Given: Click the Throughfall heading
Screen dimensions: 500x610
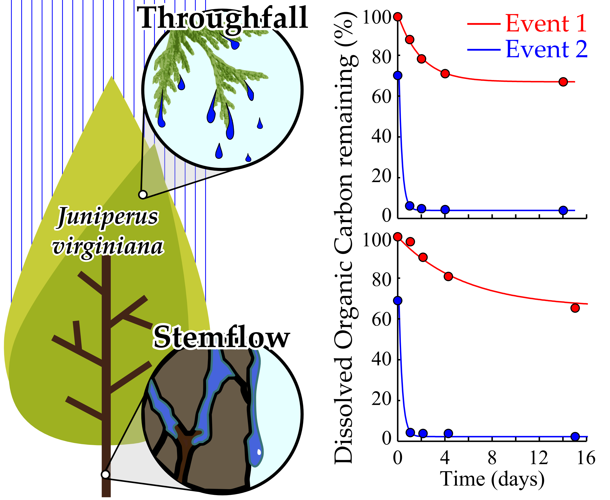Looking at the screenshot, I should click(222, 18).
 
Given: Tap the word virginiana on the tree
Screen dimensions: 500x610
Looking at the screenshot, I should click(108, 247).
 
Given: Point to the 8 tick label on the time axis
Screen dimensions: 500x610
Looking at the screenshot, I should click(492, 458).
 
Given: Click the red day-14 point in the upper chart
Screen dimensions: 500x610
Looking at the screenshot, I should click(563, 82).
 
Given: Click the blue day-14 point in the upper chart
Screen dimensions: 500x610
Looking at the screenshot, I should click(563, 210).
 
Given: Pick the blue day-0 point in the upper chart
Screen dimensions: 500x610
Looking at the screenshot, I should click(398, 75).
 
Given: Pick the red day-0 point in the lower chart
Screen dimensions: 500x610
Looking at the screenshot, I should click(398, 237).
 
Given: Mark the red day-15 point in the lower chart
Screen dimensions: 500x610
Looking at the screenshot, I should click(575, 308).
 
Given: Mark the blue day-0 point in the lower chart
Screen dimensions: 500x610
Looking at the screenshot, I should click(398, 301).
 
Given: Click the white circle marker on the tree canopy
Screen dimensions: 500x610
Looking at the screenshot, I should click(143, 195).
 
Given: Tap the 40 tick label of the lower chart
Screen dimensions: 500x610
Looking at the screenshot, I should click(381, 360).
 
